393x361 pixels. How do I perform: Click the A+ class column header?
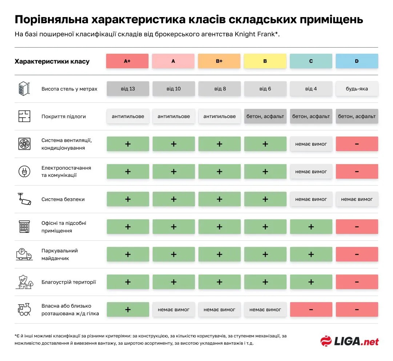tap(127, 61)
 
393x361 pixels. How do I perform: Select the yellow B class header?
tap(265, 61)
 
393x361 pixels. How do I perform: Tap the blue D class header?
tap(357, 61)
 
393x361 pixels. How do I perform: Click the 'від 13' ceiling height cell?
tap(128, 89)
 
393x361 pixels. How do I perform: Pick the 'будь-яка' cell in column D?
tap(357, 89)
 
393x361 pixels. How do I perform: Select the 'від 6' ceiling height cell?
tap(265, 89)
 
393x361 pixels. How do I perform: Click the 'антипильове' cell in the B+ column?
tap(219, 116)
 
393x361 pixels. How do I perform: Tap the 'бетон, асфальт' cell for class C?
tap(311, 116)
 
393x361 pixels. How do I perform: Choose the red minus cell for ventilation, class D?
tap(357, 144)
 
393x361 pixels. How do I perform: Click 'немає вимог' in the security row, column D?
tap(357, 199)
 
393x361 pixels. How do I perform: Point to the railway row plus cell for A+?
tap(128, 309)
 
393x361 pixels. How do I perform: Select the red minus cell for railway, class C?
tap(311, 309)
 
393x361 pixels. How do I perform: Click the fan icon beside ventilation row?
tap(24, 144)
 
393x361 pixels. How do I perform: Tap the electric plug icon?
tap(24, 171)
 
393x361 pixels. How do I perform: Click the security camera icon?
tap(24, 199)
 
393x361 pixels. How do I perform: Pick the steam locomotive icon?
tap(24, 309)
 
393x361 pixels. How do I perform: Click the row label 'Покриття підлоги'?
tap(64, 117)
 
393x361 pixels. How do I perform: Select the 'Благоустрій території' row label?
tap(69, 282)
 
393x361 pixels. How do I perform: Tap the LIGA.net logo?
tap(349, 341)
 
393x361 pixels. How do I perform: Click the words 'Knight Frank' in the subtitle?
tap(255, 34)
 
